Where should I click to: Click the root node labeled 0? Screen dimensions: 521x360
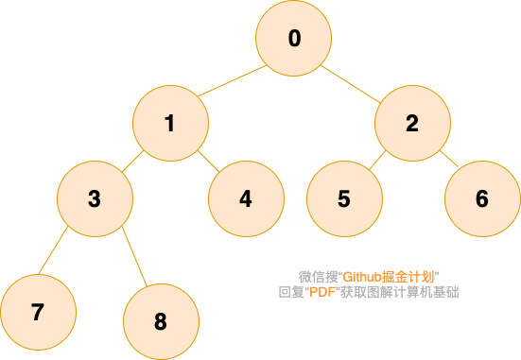293,38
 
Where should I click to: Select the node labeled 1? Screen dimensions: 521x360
171,123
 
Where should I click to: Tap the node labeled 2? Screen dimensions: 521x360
412,123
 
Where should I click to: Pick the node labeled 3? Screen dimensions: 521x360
96,199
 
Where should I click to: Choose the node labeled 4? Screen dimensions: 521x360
246,199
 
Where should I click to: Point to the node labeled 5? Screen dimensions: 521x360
344,199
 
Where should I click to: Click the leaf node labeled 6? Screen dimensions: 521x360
483,199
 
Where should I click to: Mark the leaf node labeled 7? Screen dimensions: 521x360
38,312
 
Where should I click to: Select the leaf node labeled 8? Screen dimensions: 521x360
161,321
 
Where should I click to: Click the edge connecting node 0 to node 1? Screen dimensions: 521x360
233,80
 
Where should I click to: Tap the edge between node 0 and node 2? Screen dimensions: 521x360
351,84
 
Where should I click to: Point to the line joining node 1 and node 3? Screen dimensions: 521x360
133,161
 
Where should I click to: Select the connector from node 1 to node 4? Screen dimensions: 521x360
209,161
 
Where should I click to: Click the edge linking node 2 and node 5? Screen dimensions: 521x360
377,160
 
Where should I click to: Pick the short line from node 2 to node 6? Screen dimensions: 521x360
449,158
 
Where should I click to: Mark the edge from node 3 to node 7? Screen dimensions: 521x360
53,250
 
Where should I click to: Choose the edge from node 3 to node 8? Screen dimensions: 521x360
134,256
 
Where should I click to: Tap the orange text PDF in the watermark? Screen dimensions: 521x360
322,292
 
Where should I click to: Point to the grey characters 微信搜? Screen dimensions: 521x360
319,277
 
